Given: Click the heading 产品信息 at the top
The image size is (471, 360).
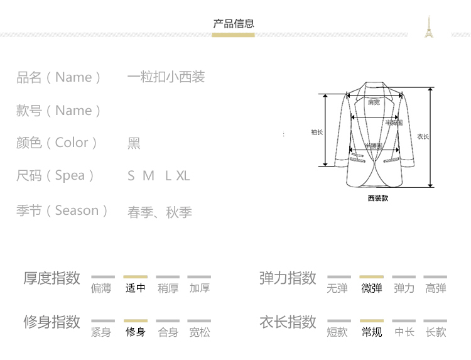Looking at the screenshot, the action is (x=234, y=24).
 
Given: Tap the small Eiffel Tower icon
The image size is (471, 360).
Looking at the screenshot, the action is (x=430, y=27).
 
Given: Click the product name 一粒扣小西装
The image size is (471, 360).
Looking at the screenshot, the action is (x=166, y=77).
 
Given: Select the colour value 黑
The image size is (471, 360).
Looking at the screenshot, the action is (x=134, y=143).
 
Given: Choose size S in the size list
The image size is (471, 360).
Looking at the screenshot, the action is (x=131, y=176).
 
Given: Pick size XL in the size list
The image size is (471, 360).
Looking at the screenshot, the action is (x=183, y=176).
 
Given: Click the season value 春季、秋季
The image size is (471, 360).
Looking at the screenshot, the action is (x=160, y=212).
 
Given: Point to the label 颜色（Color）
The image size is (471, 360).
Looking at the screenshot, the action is (x=57, y=143).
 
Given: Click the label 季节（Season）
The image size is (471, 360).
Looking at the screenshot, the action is (x=62, y=210).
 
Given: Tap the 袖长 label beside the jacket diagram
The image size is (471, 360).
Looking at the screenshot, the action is (x=317, y=132).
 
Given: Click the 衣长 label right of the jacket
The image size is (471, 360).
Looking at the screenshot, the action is (x=423, y=136).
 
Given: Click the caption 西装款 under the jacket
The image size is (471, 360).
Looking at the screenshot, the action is (x=378, y=198).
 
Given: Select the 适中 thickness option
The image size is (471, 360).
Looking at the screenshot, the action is (x=136, y=288).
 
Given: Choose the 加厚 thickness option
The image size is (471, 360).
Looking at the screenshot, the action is (x=200, y=288).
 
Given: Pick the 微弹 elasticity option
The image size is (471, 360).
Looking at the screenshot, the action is (x=372, y=288).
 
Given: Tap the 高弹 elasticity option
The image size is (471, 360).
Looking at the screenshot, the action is (x=436, y=288).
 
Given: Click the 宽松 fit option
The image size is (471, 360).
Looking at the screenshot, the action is (x=200, y=332).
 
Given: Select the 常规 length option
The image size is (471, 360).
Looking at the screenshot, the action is (x=372, y=332).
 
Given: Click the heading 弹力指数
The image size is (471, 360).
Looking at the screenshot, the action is (x=288, y=278).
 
